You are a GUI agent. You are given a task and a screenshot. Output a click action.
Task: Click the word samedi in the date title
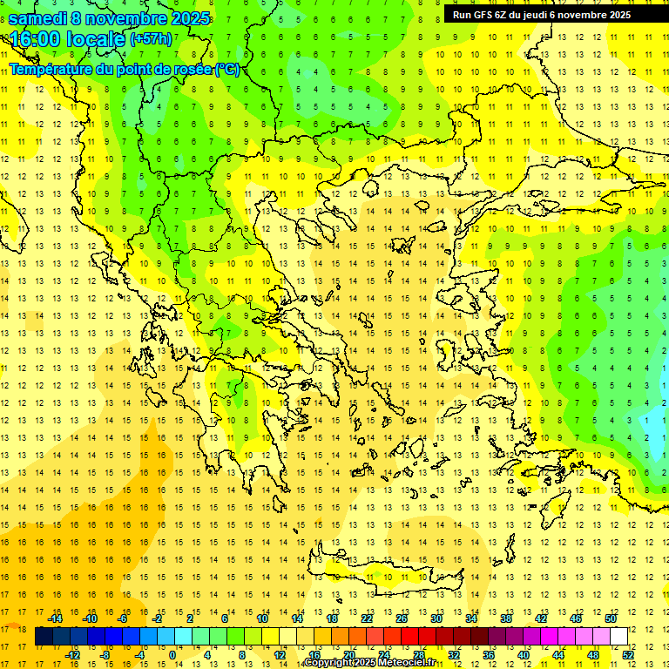point(37,18)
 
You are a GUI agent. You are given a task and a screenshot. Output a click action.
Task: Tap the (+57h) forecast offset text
point(151,39)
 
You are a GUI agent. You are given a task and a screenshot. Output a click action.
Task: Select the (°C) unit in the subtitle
point(227,69)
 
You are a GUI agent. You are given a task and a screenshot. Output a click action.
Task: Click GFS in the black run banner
point(482,15)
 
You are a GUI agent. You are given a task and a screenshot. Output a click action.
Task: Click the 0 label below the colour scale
point(172,655)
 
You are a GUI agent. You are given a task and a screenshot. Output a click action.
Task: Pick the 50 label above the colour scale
point(611,618)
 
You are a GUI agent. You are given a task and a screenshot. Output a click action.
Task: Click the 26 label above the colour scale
point(402,618)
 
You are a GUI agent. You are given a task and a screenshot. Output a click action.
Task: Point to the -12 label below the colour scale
point(72,655)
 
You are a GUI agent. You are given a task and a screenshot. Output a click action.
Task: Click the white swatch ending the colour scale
point(618,637)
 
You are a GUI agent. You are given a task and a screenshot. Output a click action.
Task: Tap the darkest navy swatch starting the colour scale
point(44,637)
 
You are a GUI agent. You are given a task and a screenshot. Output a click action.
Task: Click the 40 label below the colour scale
point(524,655)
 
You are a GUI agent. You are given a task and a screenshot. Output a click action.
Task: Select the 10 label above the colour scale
point(262,618)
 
